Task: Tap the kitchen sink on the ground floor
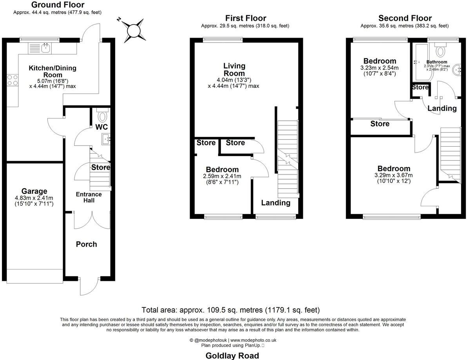46,49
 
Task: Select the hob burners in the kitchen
13,80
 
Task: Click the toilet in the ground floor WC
102,116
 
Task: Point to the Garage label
34,191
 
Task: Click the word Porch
86,244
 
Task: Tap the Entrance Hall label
89,197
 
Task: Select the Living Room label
234,69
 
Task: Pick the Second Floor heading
405,18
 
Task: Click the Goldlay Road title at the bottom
232,356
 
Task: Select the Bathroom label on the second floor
436,62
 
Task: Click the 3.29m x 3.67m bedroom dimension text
393,175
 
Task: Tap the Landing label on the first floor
276,203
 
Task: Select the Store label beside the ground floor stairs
101,167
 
